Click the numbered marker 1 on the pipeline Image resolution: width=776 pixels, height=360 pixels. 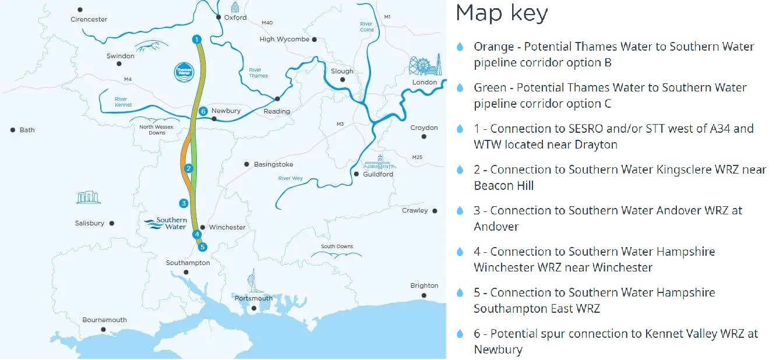click(x=197, y=39)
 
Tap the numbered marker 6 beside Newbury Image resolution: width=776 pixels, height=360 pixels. click(x=203, y=111)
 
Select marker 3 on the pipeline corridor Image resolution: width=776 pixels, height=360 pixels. click(x=184, y=203)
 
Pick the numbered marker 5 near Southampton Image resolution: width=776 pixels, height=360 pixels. click(x=202, y=247)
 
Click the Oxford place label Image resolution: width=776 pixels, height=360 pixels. click(x=235, y=17)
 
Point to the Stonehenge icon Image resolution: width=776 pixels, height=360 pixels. click(x=89, y=198)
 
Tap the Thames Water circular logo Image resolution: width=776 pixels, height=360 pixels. click(x=184, y=71)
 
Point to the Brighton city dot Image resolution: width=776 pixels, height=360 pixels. click(x=424, y=296)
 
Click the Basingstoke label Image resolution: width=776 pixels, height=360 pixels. click(x=273, y=165)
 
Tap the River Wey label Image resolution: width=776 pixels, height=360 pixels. click(x=290, y=178)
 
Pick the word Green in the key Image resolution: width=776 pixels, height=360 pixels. click(x=490, y=87)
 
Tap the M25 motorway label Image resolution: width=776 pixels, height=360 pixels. click(x=417, y=157)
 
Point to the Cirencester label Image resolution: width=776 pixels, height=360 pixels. click(x=89, y=19)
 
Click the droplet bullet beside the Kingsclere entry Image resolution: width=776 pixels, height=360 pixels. click(x=460, y=170)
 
